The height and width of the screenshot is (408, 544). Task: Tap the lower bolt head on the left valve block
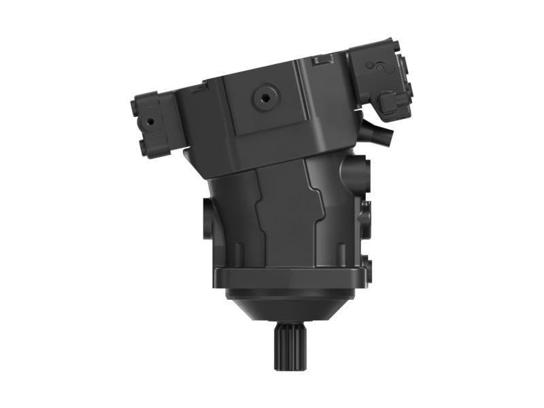(146, 146)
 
